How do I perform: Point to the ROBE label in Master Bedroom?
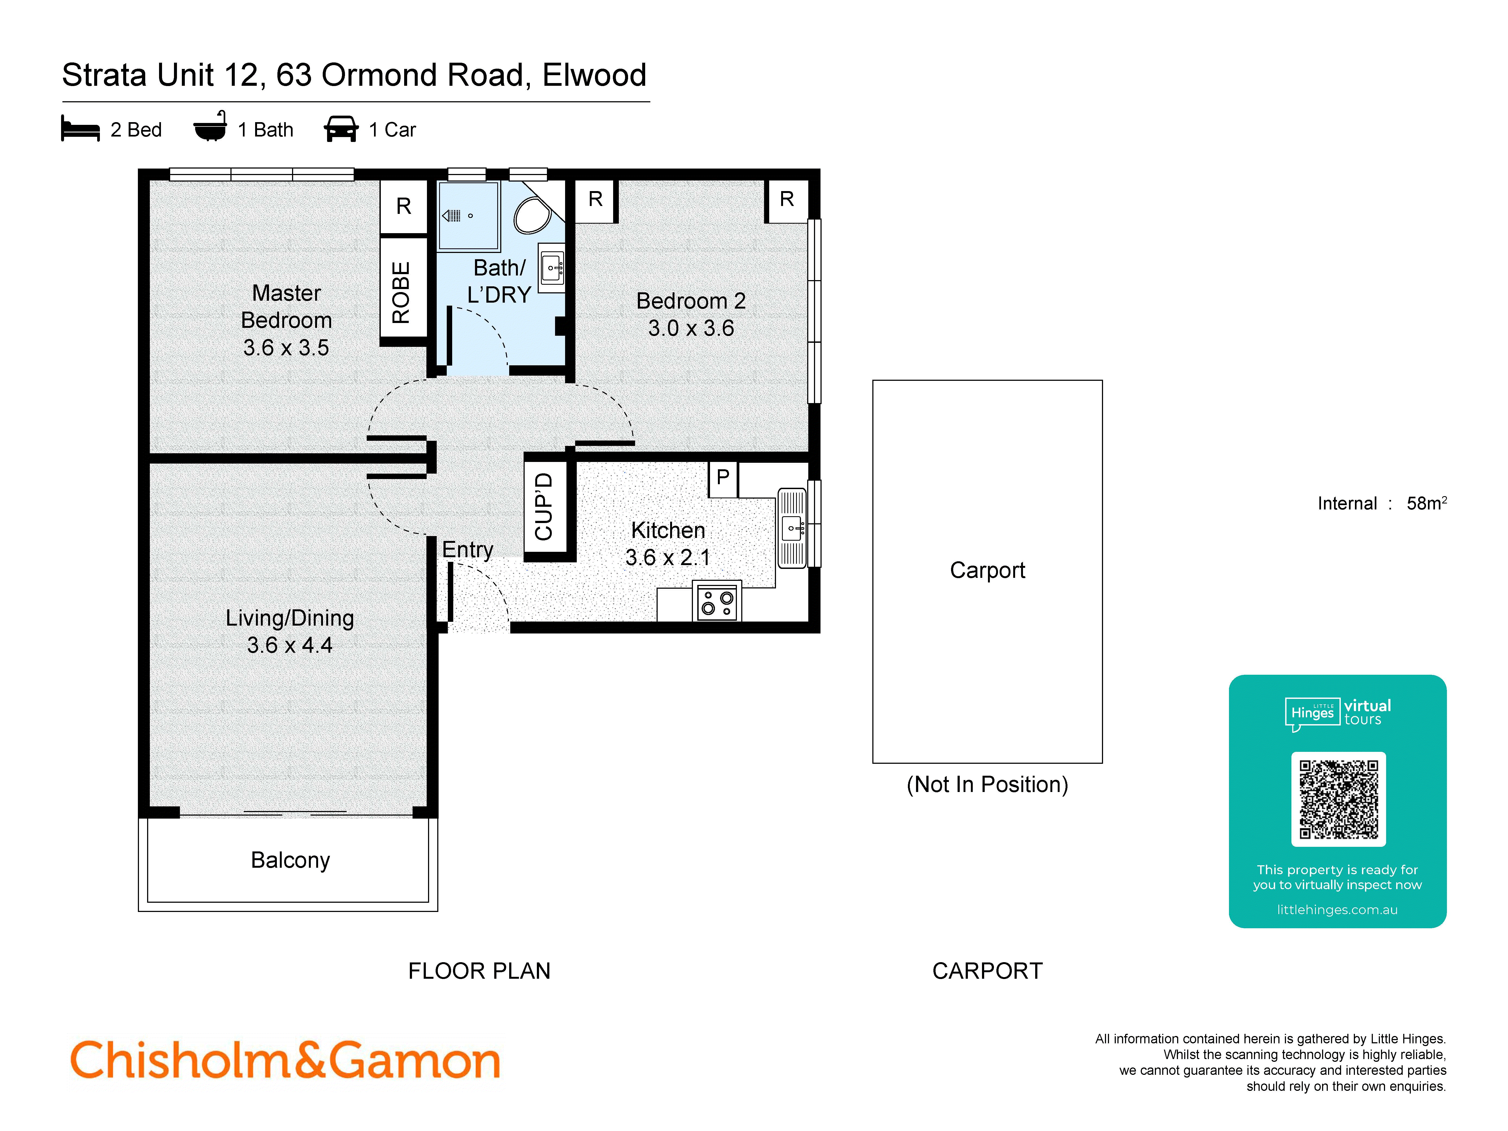click(401, 292)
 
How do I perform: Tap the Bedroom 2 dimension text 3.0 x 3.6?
click(690, 328)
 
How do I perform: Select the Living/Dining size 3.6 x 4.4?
click(290, 645)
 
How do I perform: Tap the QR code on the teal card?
click(1338, 799)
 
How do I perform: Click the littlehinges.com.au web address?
click(1337, 910)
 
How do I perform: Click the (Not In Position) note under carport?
click(987, 785)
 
